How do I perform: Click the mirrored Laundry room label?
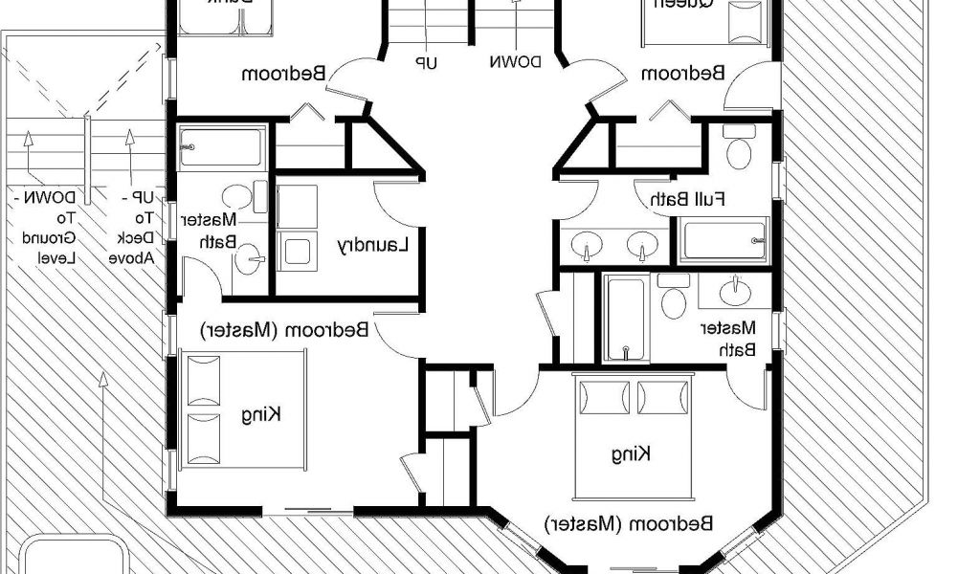coord(373,245)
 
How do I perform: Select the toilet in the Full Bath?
coord(738,149)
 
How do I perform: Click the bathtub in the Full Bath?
coord(724,240)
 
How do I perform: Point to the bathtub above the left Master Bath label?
coord(221,147)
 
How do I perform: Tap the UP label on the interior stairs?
coord(425,62)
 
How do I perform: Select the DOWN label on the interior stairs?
coord(516,62)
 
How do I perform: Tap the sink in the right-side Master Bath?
coord(736,290)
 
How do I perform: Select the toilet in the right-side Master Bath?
coord(674,298)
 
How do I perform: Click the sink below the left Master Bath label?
coord(250,258)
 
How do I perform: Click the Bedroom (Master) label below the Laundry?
coord(287,329)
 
